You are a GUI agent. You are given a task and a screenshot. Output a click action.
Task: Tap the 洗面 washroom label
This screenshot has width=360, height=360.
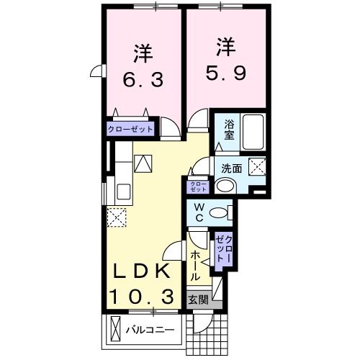[231, 169]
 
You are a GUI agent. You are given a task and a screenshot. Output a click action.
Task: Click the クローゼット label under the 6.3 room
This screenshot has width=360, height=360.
[131, 130]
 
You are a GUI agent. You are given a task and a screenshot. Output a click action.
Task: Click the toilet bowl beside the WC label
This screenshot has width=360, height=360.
[225, 212]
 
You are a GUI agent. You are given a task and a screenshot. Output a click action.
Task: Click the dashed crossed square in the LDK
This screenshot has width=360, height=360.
[116, 215]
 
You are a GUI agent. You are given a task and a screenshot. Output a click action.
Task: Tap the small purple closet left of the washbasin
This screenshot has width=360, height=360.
[198, 186]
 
